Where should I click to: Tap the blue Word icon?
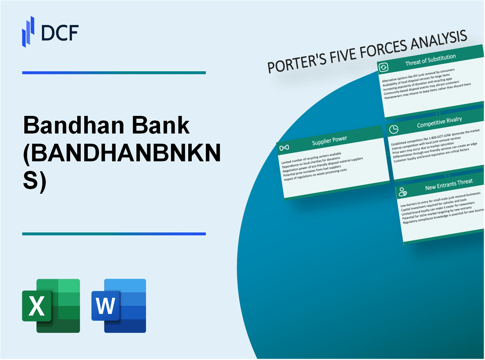pyautogui.click(x=118, y=305)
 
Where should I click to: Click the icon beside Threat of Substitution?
pyautogui.click(x=384, y=67)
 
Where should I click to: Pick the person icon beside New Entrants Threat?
pyautogui.click(x=402, y=191)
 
